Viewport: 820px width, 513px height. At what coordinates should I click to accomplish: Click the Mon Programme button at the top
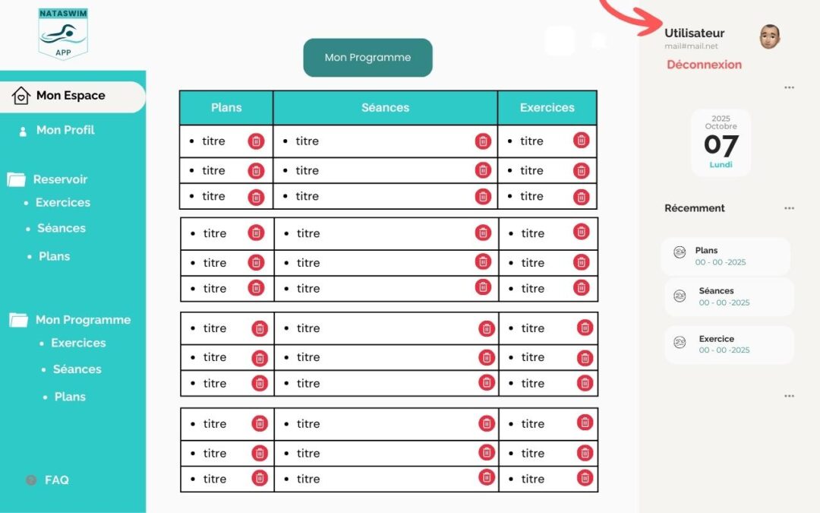(x=367, y=58)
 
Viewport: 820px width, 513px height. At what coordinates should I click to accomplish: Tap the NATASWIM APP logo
(x=63, y=33)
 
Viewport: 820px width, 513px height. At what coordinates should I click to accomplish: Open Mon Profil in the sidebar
(x=65, y=130)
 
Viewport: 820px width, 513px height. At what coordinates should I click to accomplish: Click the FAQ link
(x=56, y=480)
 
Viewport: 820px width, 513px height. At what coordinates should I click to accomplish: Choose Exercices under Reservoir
(x=63, y=203)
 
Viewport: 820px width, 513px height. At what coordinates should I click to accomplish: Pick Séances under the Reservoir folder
(x=61, y=228)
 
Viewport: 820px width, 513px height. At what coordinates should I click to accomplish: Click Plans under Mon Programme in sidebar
(x=70, y=397)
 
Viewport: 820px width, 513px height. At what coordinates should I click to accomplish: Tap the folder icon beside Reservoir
(x=16, y=179)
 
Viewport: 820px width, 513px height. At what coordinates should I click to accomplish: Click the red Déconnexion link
(x=704, y=65)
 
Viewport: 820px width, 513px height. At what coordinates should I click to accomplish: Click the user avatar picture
(x=770, y=36)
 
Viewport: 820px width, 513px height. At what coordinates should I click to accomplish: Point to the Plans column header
(x=226, y=108)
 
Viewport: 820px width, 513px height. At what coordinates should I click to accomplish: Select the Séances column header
(x=386, y=108)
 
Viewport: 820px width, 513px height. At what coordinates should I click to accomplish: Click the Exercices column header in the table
(x=547, y=108)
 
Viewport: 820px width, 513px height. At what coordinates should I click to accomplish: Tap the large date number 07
(x=721, y=145)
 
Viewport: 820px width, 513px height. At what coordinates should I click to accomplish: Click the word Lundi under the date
(x=721, y=164)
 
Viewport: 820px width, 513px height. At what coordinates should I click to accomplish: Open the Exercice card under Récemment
(x=729, y=344)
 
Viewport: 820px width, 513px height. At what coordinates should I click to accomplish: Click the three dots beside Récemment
(x=789, y=208)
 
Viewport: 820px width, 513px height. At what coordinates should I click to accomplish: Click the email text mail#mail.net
(x=691, y=46)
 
